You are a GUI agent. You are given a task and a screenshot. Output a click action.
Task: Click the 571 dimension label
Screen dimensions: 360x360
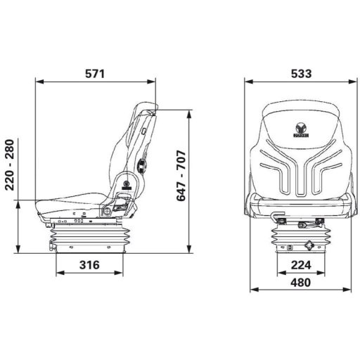(x=94, y=73)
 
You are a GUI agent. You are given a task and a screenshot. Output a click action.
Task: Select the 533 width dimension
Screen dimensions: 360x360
(x=299, y=73)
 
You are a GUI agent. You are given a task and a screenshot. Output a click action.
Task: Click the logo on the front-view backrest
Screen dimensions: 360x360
(x=299, y=130)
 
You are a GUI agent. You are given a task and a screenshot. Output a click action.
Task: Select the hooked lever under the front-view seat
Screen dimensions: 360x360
(x=280, y=217)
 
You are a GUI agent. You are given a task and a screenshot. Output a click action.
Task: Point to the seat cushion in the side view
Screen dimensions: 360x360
(x=70, y=203)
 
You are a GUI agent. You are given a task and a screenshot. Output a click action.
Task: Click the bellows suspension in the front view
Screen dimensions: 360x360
(x=299, y=238)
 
